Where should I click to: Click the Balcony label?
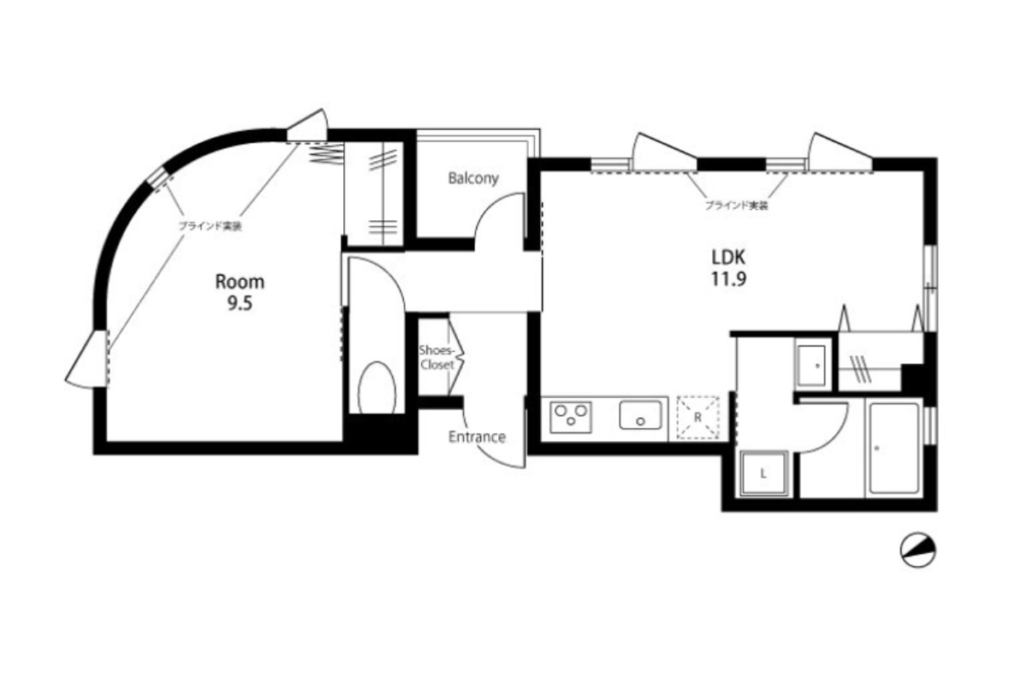tap(473, 178)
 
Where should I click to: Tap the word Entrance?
tap(477, 437)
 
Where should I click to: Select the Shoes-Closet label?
tap(437, 358)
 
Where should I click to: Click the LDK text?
tap(728, 258)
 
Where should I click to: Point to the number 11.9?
tap(728, 279)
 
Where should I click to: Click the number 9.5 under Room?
tap(240, 303)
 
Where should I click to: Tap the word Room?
tap(240, 282)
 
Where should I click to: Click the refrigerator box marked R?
tap(698, 418)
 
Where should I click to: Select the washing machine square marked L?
tap(763, 474)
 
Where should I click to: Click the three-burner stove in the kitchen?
tap(571, 417)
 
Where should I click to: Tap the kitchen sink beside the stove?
tap(640, 415)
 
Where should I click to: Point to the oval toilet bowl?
tap(377, 388)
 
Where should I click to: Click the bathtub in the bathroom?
tap(894, 448)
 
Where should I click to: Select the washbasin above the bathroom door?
tap(812, 366)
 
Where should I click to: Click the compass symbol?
tap(917, 550)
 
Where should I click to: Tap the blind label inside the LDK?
tap(736, 205)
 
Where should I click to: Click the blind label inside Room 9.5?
tap(210, 226)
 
